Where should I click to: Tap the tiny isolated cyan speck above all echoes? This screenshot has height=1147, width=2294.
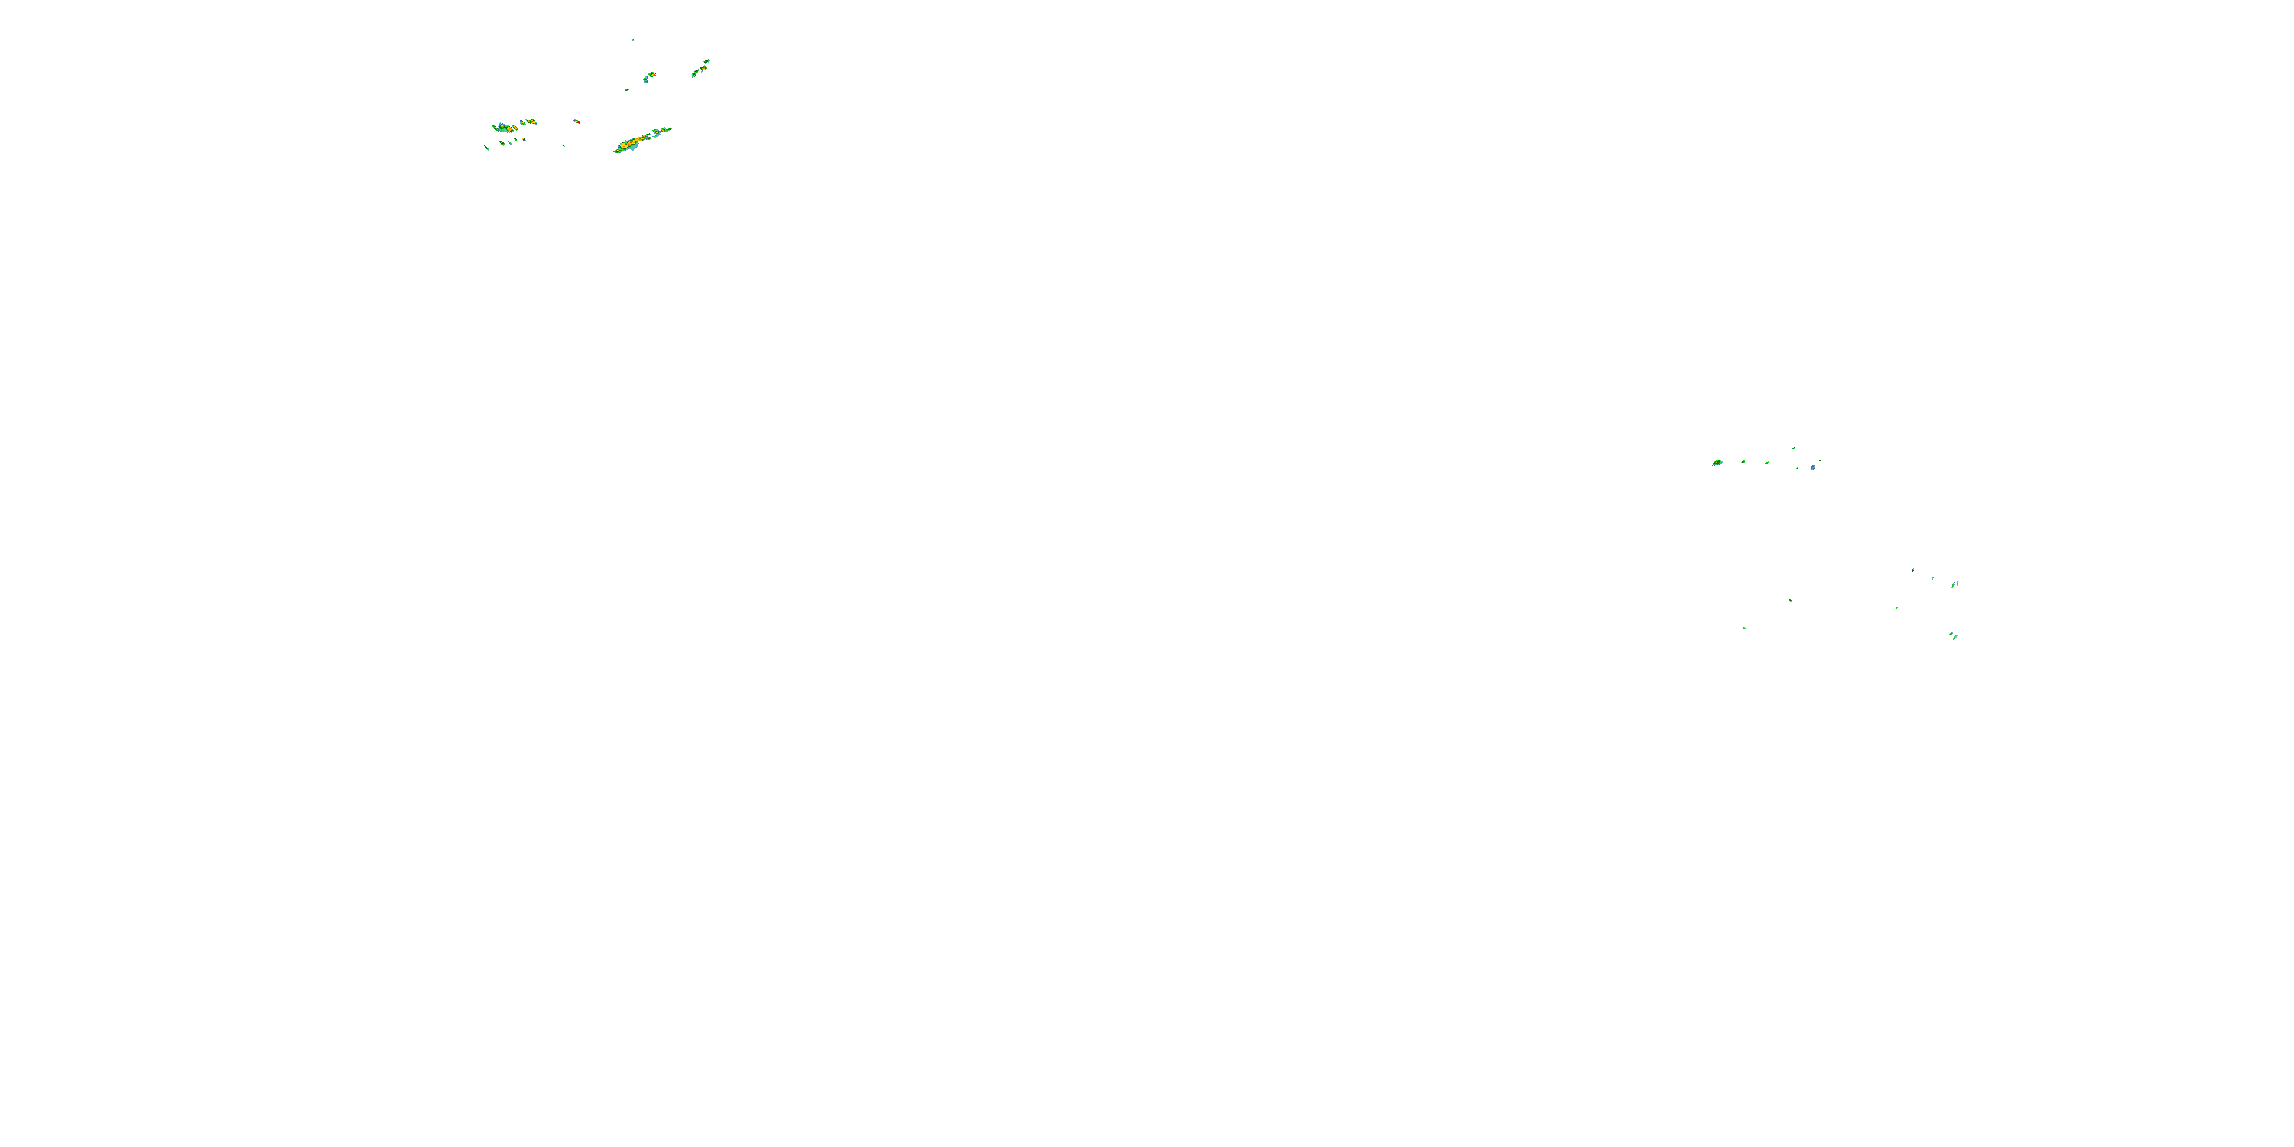[x=633, y=39]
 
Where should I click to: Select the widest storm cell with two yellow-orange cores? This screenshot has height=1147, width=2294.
[x=505, y=128]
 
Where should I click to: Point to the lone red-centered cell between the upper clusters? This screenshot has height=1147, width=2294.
[x=577, y=120]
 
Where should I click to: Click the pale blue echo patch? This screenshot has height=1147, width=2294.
[x=1812, y=466]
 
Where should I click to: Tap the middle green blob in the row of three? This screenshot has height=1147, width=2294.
[x=1743, y=461]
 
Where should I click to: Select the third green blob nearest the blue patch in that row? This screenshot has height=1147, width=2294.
[x=1767, y=462]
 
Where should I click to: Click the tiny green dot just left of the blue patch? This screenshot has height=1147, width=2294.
[x=1797, y=466]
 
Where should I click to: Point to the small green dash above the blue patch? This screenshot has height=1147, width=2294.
[x=1793, y=448]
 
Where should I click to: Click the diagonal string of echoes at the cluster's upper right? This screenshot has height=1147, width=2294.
[x=701, y=68]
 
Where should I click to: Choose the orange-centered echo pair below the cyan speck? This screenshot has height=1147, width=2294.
[x=650, y=76]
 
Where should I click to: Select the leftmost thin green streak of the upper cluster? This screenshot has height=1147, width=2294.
[x=486, y=147]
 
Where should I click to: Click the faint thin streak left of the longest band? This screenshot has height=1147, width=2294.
[x=563, y=145]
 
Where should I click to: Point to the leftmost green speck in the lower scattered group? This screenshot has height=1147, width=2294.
[x=1744, y=628]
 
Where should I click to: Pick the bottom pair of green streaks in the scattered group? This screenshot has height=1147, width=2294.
[x=1953, y=635]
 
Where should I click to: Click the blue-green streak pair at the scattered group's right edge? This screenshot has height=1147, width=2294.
[x=1954, y=584]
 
